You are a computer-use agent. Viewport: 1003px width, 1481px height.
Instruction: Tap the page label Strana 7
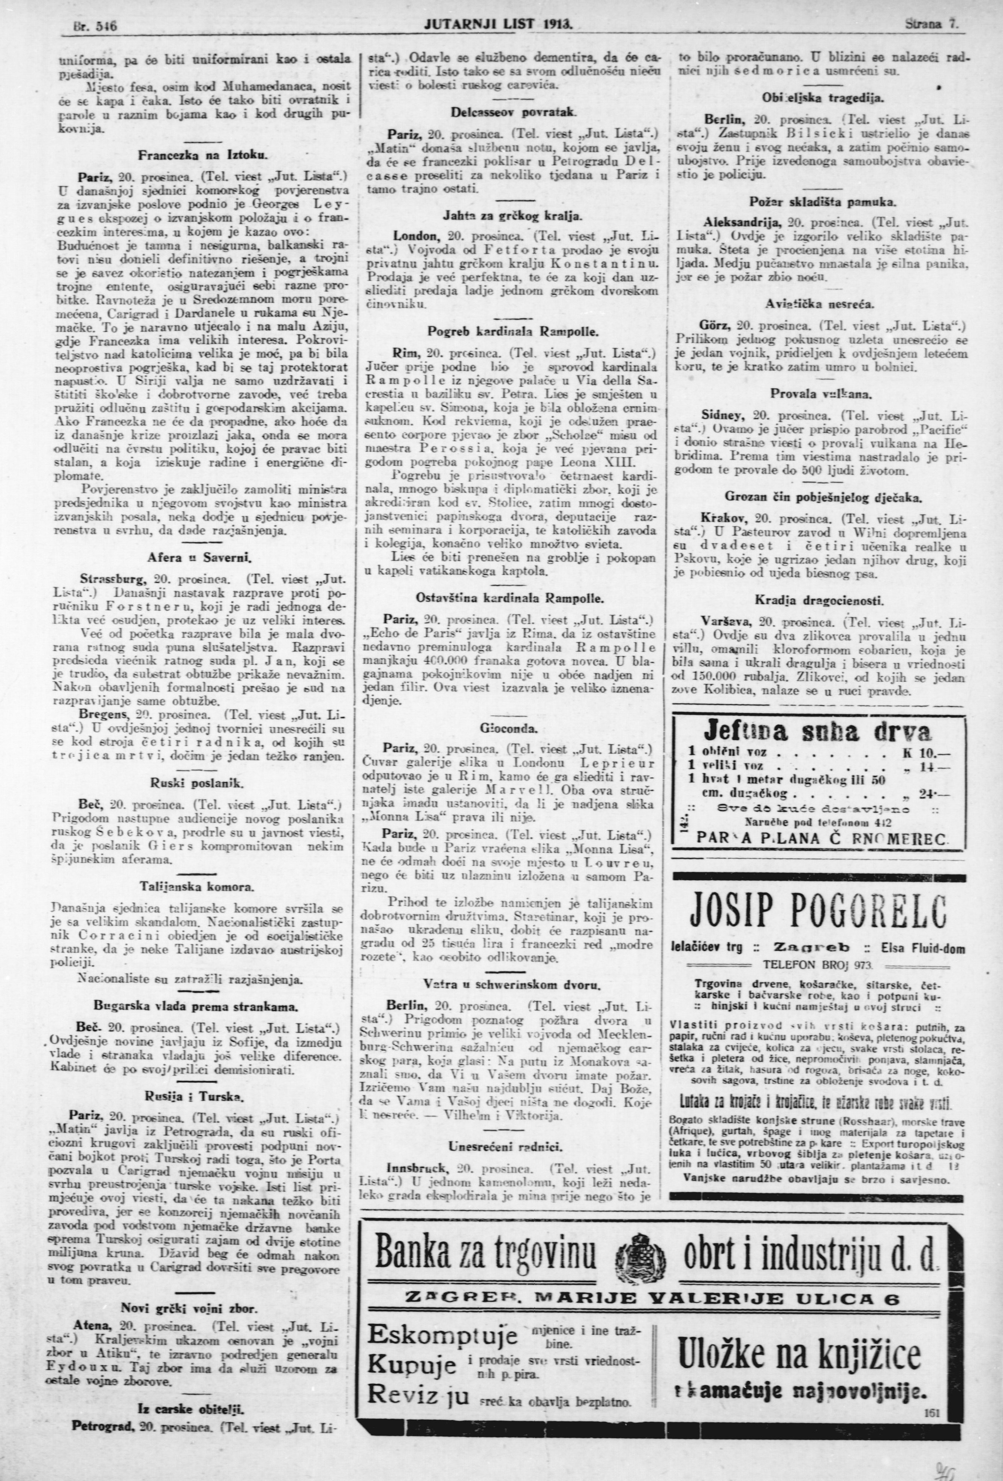[931, 26]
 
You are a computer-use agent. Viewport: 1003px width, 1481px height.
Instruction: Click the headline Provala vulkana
[821, 393]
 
